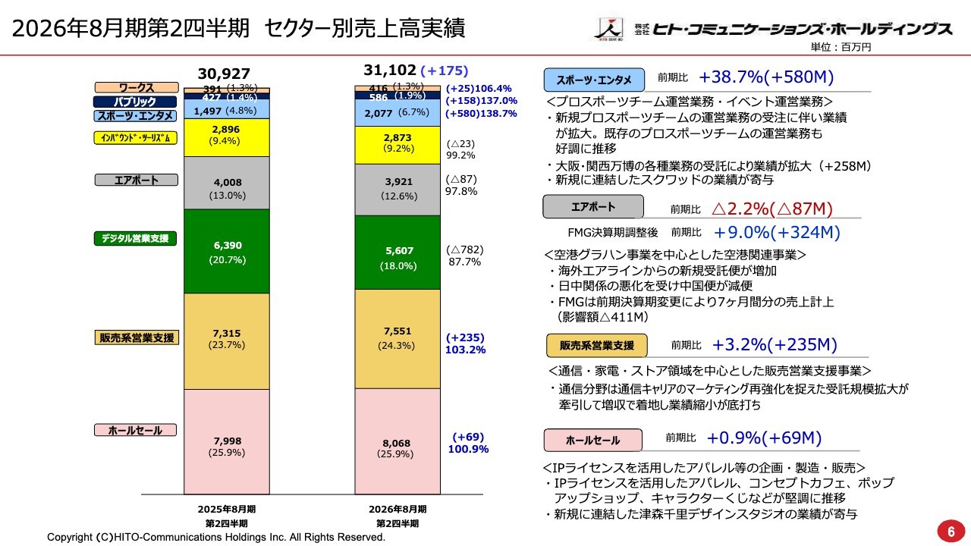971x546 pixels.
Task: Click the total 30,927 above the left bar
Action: click(x=224, y=74)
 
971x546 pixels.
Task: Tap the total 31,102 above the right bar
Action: click(x=389, y=71)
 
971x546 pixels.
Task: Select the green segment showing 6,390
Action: click(x=227, y=251)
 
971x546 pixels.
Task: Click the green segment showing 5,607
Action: click(x=398, y=253)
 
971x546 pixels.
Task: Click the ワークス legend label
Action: click(x=137, y=88)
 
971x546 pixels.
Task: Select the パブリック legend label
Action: click(x=135, y=102)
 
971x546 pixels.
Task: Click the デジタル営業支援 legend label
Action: click(x=135, y=238)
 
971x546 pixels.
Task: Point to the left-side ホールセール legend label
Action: click(x=135, y=430)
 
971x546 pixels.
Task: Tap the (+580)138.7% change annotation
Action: click(x=481, y=114)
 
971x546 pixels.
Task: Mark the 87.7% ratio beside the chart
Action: click(x=465, y=262)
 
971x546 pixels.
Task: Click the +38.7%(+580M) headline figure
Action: click(x=766, y=77)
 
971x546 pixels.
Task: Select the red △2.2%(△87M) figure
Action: click(x=772, y=209)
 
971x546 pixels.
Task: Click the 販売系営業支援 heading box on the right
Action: click(x=597, y=345)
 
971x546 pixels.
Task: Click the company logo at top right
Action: click(x=771, y=29)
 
